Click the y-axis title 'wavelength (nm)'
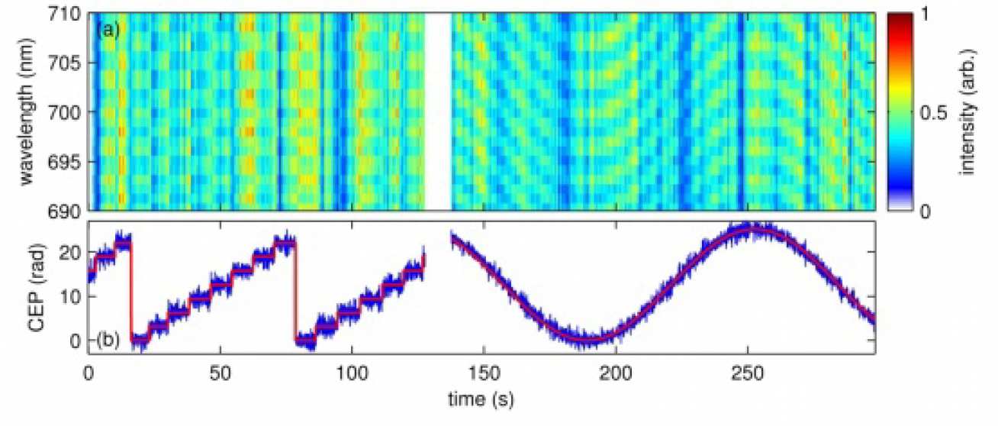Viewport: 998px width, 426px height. pos(31,111)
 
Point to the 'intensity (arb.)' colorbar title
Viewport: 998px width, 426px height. pos(969,111)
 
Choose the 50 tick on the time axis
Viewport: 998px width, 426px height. pos(221,375)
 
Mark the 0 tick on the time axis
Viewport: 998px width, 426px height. pos(89,375)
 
